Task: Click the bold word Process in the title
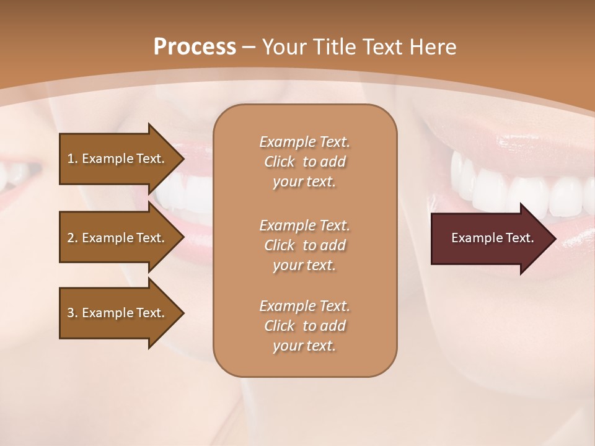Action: (195, 46)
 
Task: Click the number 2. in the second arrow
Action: (72, 238)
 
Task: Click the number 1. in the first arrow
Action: (72, 159)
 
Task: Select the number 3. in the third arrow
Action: (72, 313)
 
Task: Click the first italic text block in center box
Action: (304, 162)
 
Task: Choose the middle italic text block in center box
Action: (304, 245)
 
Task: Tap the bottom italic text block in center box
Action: (304, 326)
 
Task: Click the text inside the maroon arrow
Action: (493, 238)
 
